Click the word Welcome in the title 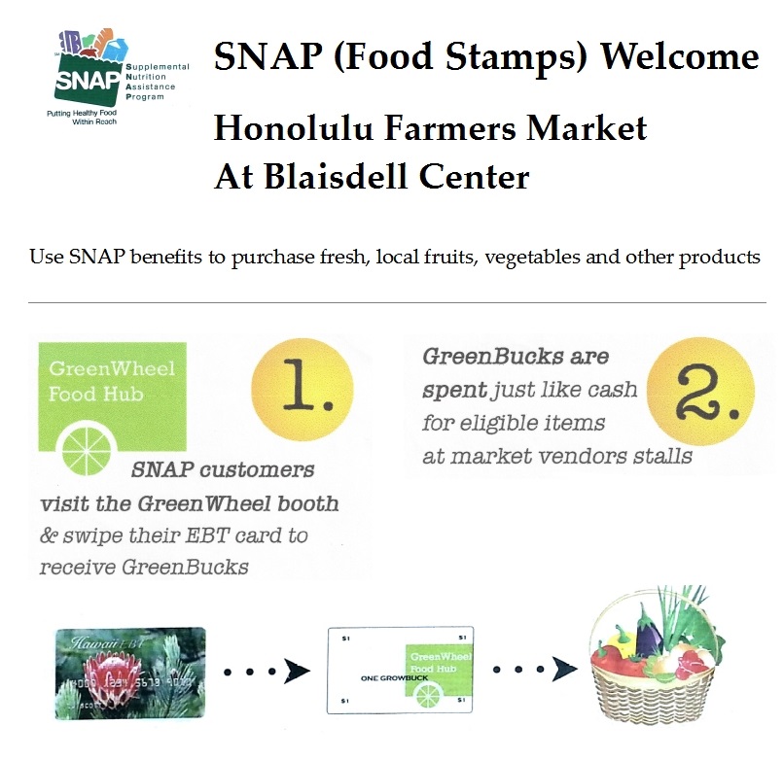coord(680,55)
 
